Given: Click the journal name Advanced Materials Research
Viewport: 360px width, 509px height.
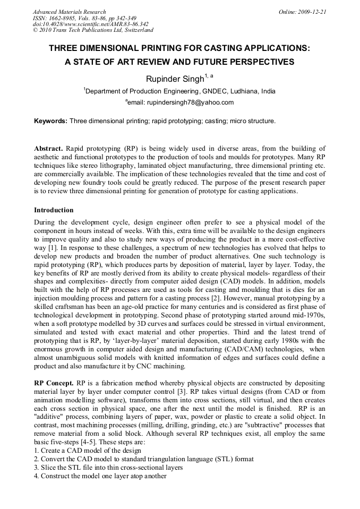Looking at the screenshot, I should pos(69,12).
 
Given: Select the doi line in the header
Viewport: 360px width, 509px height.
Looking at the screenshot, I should pos(90,24).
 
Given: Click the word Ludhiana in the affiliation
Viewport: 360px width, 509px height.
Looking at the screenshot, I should pos(243,91).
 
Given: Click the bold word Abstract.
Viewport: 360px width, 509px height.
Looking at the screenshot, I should pos(48,149).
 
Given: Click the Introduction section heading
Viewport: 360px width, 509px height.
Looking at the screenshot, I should pos(54,210).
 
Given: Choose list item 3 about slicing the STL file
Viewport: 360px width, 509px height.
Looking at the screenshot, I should pos(108,467).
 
